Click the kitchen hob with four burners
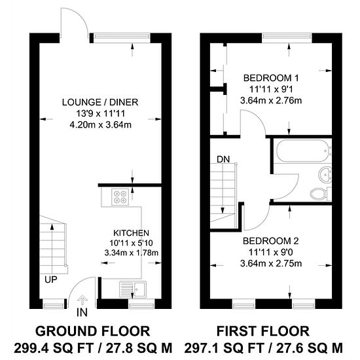(120, 197)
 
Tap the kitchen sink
(133, 289)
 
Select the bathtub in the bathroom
(302, 151)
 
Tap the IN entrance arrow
(82, 299)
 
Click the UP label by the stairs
(51, 279)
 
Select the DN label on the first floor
(223, 159)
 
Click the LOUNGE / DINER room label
(100, 102)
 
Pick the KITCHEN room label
(132, 233)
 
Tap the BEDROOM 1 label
(271, 78)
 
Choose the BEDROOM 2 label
(271, 241)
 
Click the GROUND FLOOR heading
(93, 331)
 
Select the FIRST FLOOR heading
(263, 331)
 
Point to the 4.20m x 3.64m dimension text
(100, 125)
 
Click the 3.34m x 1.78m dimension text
(132, 253)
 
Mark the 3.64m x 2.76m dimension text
(271, 101)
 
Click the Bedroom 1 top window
(287, 36)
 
